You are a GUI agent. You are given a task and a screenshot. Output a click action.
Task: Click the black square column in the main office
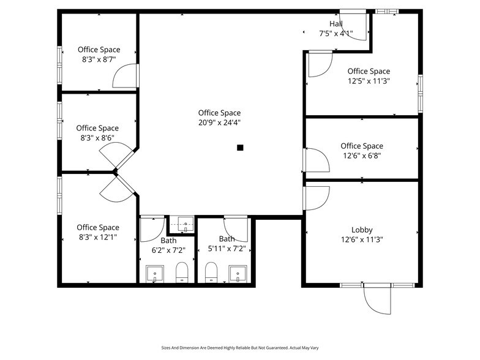pyautogui.click(x=241, y=147)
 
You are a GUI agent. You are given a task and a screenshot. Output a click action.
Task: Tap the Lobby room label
pyautogui.click(x=362, y=230)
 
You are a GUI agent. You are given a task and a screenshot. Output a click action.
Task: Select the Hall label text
pyautogui.click(x=336, y=24)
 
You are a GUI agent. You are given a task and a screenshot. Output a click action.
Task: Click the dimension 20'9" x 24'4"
pyautogui.click(x=219, y=122)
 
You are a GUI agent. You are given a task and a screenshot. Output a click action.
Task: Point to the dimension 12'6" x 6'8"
pyautogui.click(x=362, y=156)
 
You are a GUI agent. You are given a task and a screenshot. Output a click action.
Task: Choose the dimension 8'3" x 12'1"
pyautogui.click(x=98, y=237)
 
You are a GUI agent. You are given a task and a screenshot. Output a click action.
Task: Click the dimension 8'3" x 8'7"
pyautogui.click(x=99, y=59)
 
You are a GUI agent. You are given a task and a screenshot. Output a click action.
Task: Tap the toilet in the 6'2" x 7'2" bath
pyautogui.click(x=182, y=272)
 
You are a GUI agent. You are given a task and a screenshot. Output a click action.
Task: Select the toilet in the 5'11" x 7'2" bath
pyautogui.click(x=211, y=272)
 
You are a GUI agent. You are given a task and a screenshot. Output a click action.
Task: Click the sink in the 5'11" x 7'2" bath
pyautogui.click(x=237, y=273)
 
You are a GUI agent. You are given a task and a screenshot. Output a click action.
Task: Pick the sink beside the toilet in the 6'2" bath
pyautogui.click(x=155, y=273)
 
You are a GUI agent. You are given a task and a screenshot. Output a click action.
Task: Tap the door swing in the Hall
pyautogui.click(x=355, y=27)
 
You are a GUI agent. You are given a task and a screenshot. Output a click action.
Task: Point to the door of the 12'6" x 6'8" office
pyautogui.click(x=317, y=160)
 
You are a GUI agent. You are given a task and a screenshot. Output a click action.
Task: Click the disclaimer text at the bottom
pyautogui.click(x=239, y=347)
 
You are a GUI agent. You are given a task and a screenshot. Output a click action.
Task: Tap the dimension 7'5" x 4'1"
pyautogui.click(x=336, y=34)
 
